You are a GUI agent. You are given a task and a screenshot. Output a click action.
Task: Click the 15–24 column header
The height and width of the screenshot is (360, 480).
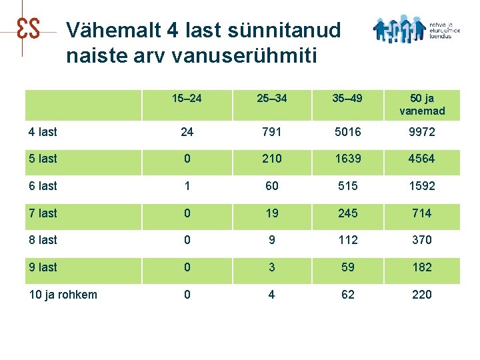click(187, 99)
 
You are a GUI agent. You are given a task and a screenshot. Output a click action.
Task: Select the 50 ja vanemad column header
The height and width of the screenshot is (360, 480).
click(422, 105)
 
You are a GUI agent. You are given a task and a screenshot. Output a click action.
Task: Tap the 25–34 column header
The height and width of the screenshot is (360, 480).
click(271, 99)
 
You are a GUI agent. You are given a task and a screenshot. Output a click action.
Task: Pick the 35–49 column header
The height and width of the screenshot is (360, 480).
click(347, 99)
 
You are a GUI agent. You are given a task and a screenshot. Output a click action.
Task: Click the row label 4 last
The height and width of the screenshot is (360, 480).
click(43, 132)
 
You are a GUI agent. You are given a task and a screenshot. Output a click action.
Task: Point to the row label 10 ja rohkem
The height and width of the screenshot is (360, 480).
click(63, 295)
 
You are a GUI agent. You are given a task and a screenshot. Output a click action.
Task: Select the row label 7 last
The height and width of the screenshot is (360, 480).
click(43, 213)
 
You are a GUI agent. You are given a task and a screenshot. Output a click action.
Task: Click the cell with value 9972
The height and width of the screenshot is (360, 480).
click(422, 132)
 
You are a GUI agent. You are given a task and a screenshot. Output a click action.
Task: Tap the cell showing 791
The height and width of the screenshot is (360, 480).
click(271, 132)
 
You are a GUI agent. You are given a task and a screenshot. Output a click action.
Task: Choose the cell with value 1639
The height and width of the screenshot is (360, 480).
click(347, 159)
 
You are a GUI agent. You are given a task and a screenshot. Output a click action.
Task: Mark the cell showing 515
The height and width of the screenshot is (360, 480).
click(347, 186)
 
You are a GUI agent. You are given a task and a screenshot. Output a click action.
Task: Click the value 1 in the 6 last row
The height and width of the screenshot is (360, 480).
click(187, 186)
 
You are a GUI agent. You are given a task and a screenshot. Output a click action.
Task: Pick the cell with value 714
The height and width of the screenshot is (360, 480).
click(422, 213)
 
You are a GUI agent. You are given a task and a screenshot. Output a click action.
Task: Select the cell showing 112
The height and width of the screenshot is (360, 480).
click(347, 240)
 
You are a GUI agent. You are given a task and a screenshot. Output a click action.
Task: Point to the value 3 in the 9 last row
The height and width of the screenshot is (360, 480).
click(271, 267)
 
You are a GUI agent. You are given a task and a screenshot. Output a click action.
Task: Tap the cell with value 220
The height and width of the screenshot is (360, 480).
click(422, 295)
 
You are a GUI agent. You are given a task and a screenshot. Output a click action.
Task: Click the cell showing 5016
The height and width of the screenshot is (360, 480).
click(347, 132)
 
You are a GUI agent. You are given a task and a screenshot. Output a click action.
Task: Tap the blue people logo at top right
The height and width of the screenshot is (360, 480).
click(399, 29)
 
